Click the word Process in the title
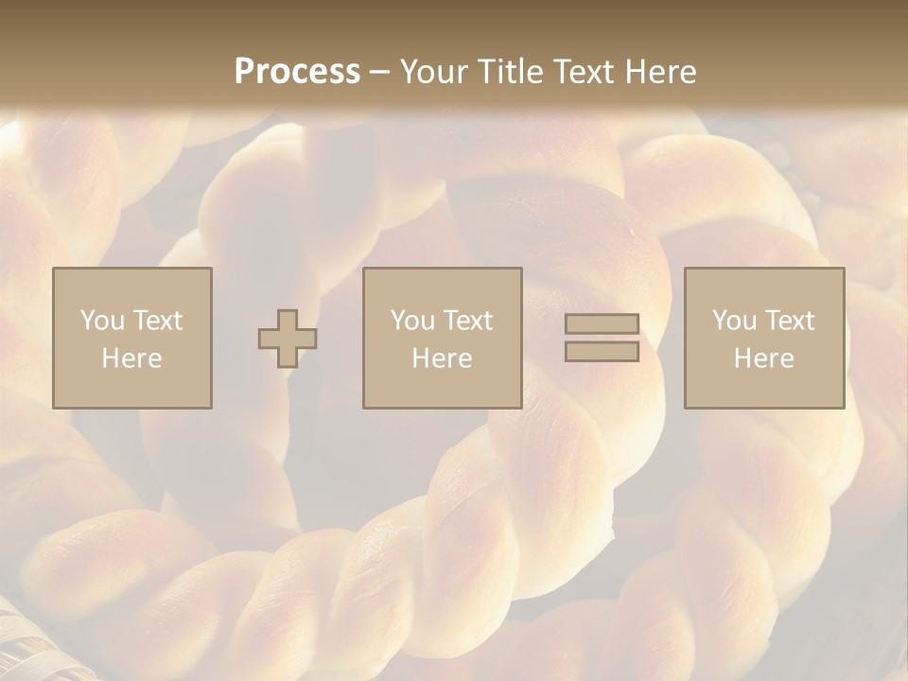point(297,72)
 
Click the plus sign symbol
point(288,339)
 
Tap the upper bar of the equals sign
point(602,324)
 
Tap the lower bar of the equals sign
point(602,352)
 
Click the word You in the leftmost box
point(102,321)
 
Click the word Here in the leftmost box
point(131,358)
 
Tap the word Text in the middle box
point(468,321)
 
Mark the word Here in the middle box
point(442,358)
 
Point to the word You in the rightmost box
point(734,321)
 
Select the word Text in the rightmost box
point(790,321)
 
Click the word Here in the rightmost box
point(763,358)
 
